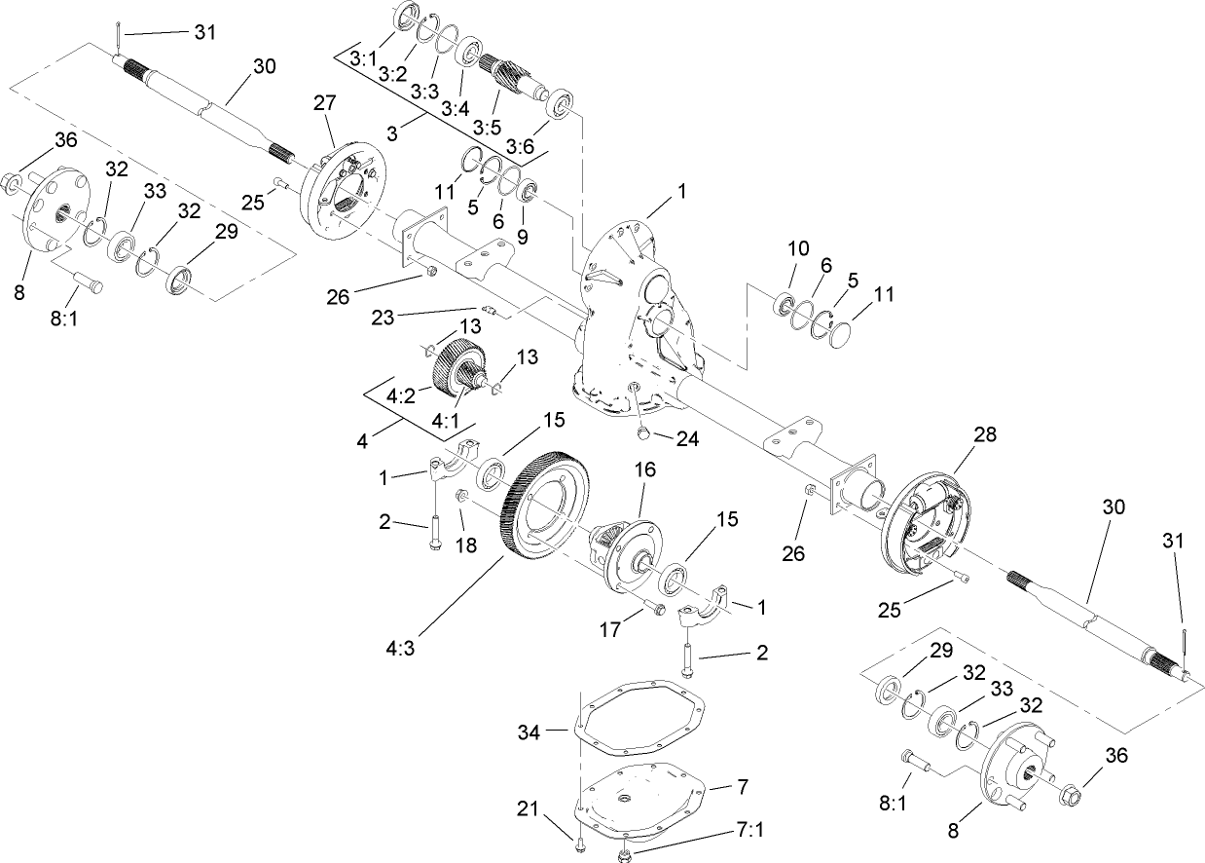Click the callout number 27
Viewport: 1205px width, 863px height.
click(x=323, y=102)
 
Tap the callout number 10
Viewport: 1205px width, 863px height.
click(x=798, y=248)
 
